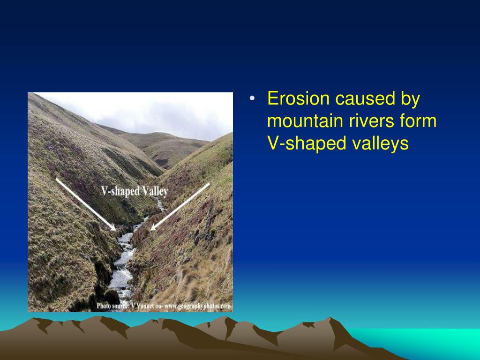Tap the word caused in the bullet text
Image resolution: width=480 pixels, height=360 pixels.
pos(360,99)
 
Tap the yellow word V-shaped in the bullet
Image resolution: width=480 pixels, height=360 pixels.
pos(307,144)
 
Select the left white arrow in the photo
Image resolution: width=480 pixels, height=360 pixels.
pos(85,204)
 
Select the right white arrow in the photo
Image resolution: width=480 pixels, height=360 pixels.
pos(180,206)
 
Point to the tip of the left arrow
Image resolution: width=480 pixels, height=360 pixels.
pos(115,230)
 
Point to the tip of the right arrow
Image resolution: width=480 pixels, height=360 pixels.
pos(151,230)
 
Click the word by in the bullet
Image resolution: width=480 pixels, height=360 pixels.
pos(410,99)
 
